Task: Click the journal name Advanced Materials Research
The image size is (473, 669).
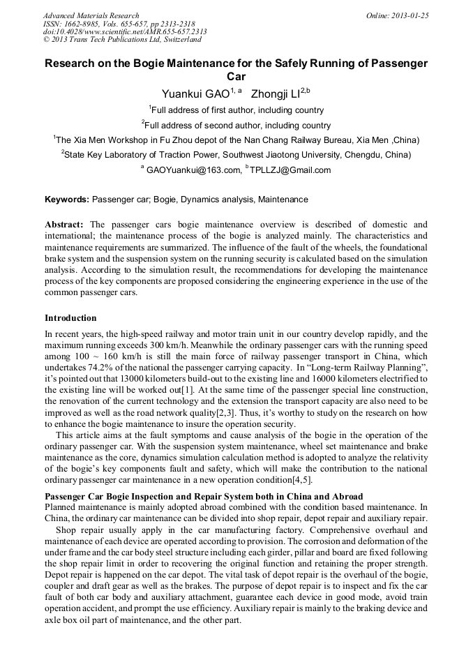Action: (91, 15)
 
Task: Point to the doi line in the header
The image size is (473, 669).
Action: (125, 31)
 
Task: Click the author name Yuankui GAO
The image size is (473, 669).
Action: (195, 93)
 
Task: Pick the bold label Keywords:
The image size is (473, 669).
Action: (67, 200)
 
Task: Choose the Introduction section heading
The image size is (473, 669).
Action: (70, 318)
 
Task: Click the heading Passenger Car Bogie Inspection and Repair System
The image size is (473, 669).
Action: (203, 496)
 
